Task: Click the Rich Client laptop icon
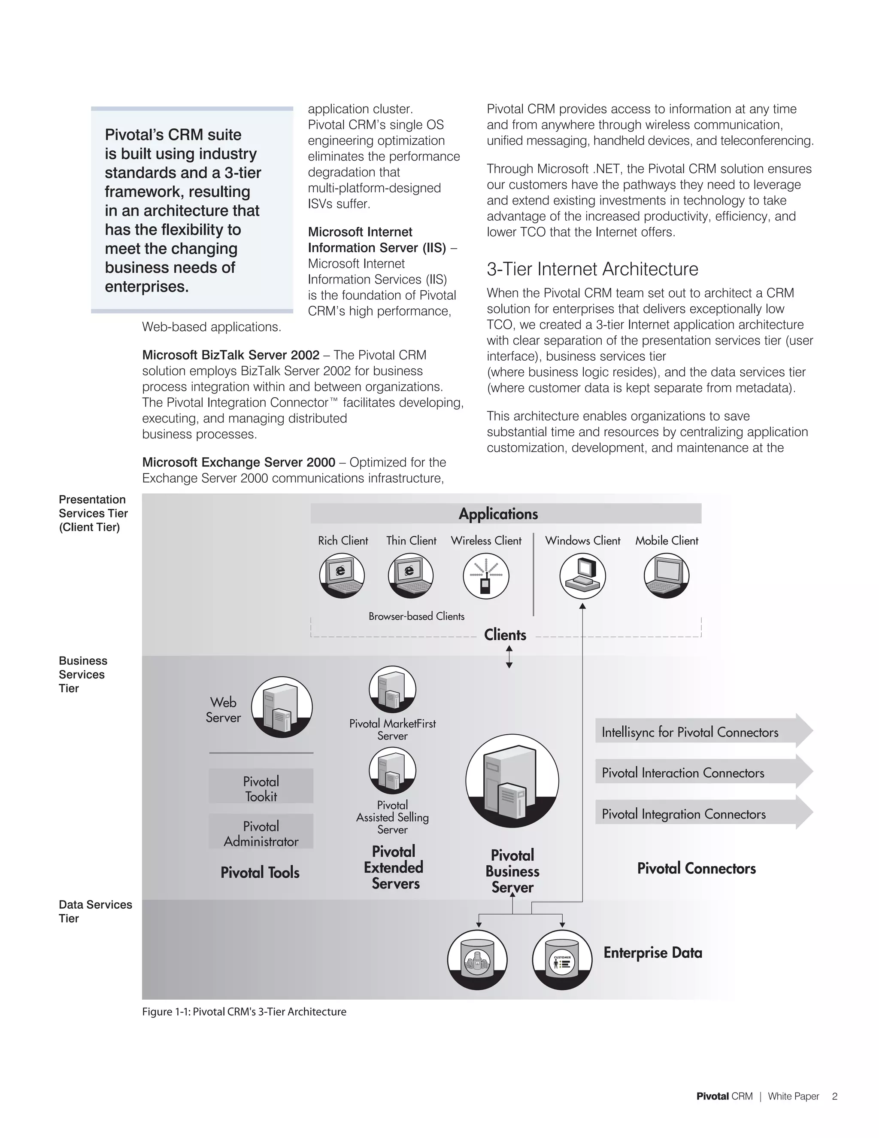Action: point(342,575)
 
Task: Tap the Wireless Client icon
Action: point(486,576)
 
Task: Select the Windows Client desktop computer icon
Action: point(582,576)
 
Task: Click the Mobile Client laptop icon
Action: point(667,575)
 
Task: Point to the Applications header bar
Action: point(506,513)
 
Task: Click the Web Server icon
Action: point(282,706)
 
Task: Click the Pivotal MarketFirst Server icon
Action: point(392,689)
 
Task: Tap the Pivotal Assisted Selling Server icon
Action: point(392,770)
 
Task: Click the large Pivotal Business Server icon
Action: point(512,781)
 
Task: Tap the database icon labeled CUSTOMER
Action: point(562,959)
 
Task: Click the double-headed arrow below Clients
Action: point(509,657)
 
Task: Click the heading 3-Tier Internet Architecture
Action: point(592,269)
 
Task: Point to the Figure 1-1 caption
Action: point(244,1011)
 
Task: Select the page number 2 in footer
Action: point(834,1096)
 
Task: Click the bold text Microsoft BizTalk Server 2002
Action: point(230,355)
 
